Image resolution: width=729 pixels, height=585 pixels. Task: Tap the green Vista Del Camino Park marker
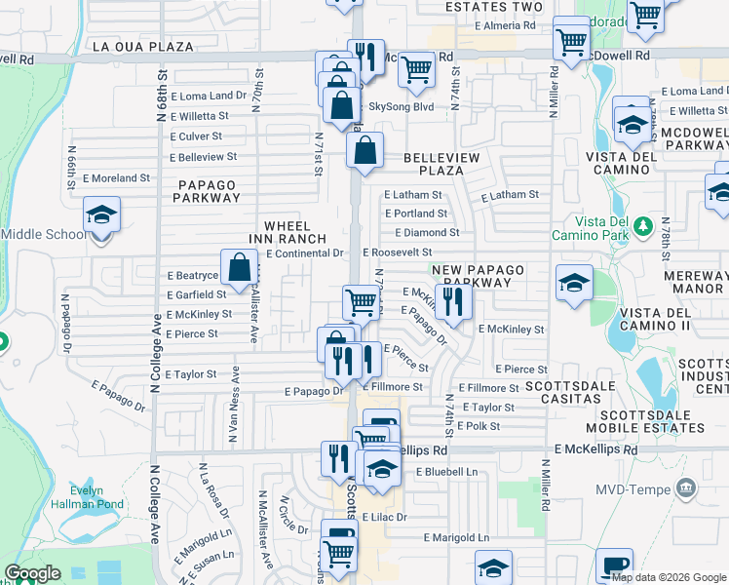point(641,227)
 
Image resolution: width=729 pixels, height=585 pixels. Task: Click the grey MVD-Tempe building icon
point(687,487)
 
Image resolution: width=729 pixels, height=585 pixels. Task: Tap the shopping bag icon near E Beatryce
point(239,265)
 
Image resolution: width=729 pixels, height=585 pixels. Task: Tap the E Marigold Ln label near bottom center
point(456,537)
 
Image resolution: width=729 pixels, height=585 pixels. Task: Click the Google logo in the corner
point(32,573)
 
